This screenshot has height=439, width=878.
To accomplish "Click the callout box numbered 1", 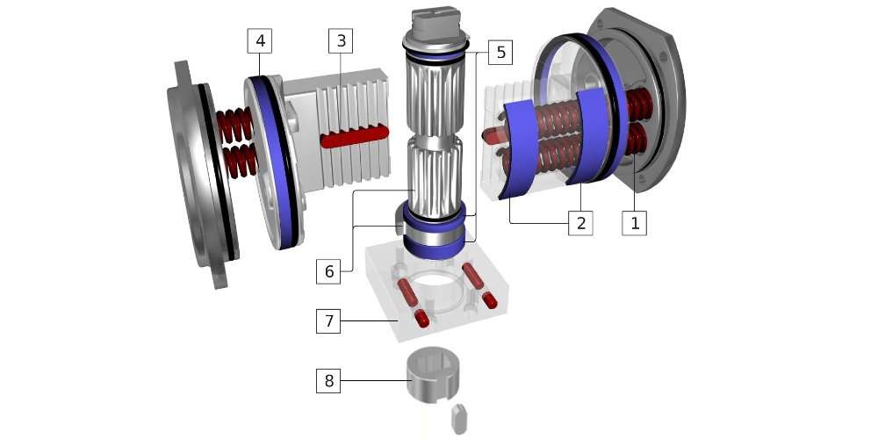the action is point(635,223).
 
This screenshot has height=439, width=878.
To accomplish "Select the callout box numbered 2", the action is point(580,223).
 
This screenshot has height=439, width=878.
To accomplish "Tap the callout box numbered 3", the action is point(341,41).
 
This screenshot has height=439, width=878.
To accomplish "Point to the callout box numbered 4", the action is point(260,41).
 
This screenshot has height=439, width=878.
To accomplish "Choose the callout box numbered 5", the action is point(500,52).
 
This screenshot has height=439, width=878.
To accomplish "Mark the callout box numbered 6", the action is point(328,271).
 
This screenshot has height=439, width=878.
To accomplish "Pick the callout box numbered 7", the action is point(328,320).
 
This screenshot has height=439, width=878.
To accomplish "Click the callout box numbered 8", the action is point(328,381).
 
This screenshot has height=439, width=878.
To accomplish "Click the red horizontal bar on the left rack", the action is point(355,137).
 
